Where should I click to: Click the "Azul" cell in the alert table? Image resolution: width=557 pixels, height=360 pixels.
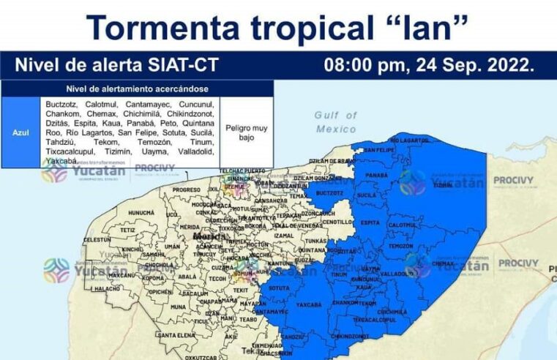coord(20,132)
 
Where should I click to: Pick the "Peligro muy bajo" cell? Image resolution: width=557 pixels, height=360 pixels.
coord(245,132)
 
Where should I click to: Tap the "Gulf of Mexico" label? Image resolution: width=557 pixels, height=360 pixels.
coord(336,121)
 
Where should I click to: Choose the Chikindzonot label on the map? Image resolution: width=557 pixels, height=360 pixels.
coord(354,336)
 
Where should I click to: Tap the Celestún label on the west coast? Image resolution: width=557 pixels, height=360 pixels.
coord(97,239)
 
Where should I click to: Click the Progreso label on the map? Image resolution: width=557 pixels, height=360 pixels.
coord(186,190)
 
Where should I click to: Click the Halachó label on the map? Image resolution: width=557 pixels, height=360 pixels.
coord(107,289)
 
